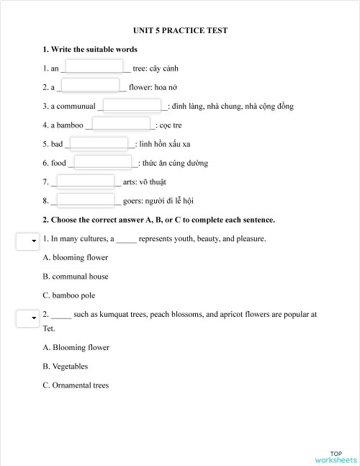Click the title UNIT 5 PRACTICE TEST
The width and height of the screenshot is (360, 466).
pos(180,30)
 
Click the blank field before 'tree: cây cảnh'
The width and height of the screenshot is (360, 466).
pos(94,67)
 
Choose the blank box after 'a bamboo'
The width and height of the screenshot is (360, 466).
pos(122,124)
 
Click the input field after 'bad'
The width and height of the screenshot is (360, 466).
pos(98,143)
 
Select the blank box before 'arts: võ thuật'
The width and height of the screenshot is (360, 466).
pos(85,181)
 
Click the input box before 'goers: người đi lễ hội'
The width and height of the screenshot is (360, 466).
pos(85,200)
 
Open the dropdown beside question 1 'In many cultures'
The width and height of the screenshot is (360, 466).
pos(27,241)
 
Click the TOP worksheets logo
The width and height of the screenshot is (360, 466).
pos(335,456)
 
